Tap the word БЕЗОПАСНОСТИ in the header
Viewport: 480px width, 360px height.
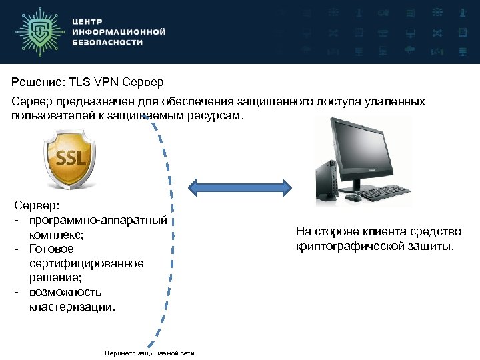point(107,41)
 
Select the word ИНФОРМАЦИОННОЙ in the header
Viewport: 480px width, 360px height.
point(118,31)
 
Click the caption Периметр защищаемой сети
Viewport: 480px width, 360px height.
point(149,353)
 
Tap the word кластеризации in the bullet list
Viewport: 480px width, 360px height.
point(72,307)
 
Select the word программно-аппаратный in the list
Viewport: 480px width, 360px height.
point(97,220)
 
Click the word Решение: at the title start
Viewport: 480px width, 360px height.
point(33,83)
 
